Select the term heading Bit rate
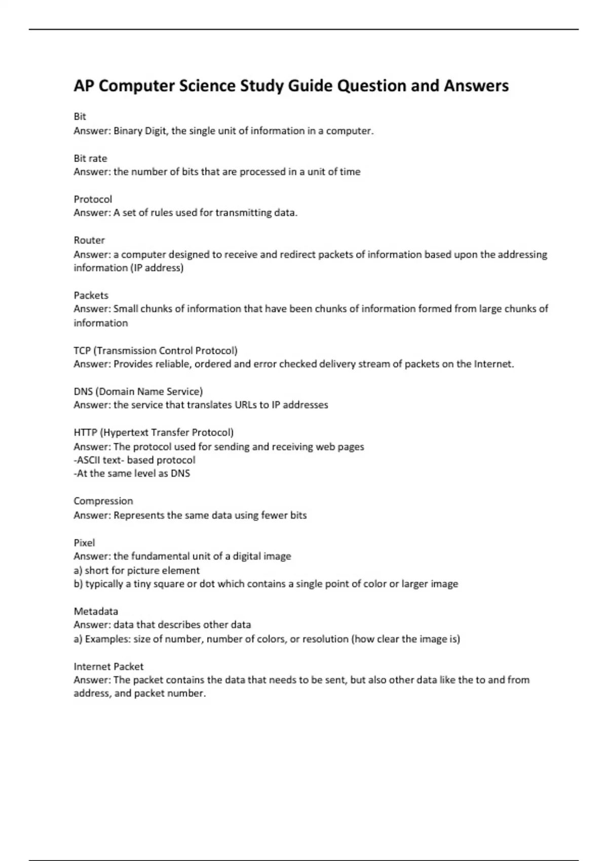click(90, 158)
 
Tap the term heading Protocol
click(93, 199)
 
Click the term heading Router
click(89, 240)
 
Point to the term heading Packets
click(91, 295)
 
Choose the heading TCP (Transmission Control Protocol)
click(156, 350)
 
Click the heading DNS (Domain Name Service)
click(138, 392)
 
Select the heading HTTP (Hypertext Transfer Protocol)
click(154, 433)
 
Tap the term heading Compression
click(103, 501)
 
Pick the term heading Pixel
click(84, 542)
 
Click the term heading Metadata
click(96, 611)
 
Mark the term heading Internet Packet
click(108, 667)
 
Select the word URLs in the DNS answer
click(246, 405)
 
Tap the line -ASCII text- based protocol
click(134, 460)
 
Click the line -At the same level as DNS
click(132, 474)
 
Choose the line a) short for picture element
click(136, 570)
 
